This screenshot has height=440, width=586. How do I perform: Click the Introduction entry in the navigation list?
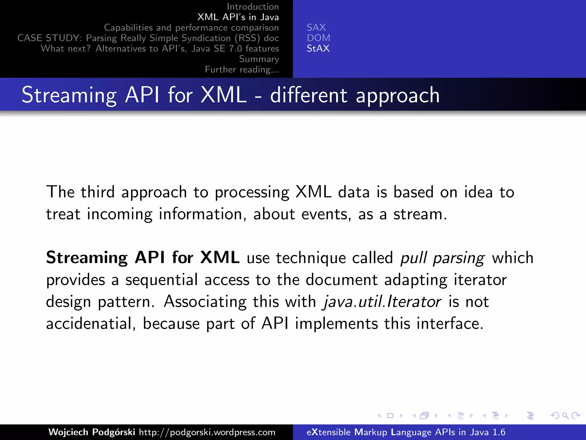pyautogui.click(x=253, y=7)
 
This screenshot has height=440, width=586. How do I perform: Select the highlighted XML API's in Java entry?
pyautogui.click(x=238, y=17)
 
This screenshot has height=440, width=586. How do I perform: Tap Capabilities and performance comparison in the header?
pyautogui.click(x=191, y=27)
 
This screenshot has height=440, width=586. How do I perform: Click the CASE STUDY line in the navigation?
pyautogui.click(x=148, y=38)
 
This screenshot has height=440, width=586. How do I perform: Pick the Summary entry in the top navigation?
pyautogui.click(x=259, y=59)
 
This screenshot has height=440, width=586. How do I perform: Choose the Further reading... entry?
pyautogui.click(x=242, y=70)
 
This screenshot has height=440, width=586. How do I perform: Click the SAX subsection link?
pyautogui.click(x=316, y=27)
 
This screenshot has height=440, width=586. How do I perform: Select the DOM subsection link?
pyautogui.click(x=318, y=38)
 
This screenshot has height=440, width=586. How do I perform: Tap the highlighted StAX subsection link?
pyautogui.click(x=318, y=48)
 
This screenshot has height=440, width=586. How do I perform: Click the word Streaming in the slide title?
pyautogui.click(x=69, y=95)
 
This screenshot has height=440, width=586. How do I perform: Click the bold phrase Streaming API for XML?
pyautogui.click(x=142, y=257)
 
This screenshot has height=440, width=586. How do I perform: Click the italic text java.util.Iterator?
pyautogui.click(x=382, y=302)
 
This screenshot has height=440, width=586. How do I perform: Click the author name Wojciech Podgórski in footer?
pyautogui.click(x=92, y=432)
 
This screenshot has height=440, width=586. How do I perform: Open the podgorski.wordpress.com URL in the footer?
pyautogui.click(x=207, y=432)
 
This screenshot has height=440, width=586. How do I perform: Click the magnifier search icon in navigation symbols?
pyautogui.click(x=565, y=415)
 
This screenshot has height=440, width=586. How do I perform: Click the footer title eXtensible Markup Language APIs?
pyautogui.click(x=406, y=432)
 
